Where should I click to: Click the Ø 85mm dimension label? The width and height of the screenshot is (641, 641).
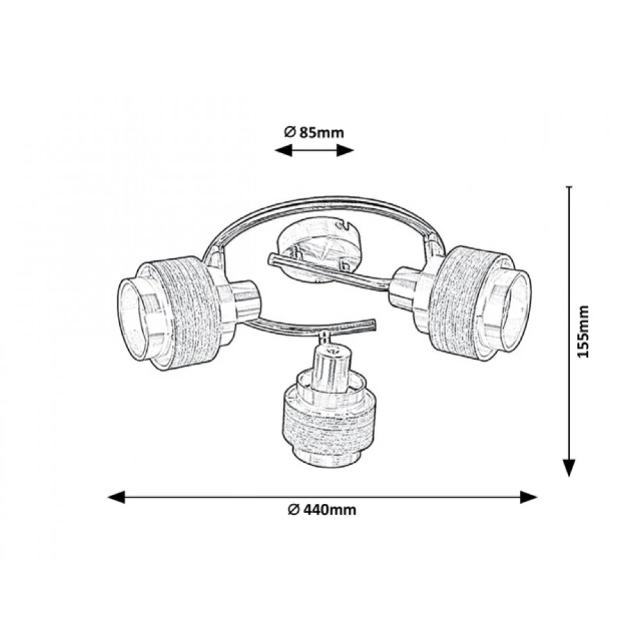[x=314, y=133]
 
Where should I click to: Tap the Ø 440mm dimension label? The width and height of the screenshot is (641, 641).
[x=322, y=510]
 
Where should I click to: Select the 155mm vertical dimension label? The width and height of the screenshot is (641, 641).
[x=583, y=331]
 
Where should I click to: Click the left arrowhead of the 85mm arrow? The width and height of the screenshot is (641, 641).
[x=283, y=151]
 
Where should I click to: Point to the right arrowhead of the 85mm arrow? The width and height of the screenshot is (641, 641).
[x=345, y=151]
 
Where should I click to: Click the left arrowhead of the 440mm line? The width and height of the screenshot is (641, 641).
[x=115, y=497]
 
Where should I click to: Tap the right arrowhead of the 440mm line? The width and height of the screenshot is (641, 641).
[x=528, y=497]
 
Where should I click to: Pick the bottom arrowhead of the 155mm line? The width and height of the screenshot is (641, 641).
[x=569, y=468]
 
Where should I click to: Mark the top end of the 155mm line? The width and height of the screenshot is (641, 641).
[x=569, y=187]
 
